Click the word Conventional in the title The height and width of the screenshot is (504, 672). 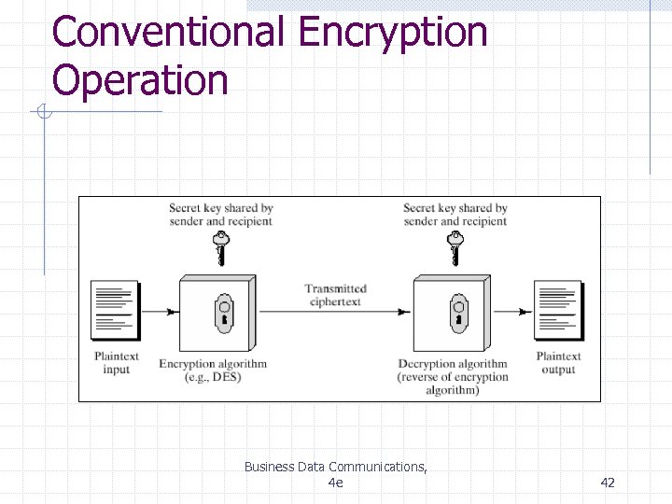(x=169, y=32)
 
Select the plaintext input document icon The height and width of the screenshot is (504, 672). (x=115, y=310)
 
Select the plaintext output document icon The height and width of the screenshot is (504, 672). (x=558, y=310)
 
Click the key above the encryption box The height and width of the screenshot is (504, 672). (x=221, y=249)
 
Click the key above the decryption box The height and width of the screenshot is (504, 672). (x=455, y=249)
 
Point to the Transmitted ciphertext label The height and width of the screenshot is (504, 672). (x=335, y=295)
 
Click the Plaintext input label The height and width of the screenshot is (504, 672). (x=117, y=363)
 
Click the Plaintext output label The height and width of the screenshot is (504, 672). (x=558, y=363)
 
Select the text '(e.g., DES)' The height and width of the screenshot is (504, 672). (x=213, y=377)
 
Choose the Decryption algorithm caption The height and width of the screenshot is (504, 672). (x=453, y=365)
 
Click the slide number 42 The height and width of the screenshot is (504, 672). (x=608, y=482)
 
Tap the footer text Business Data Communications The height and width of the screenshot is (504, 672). (x=335, y=467)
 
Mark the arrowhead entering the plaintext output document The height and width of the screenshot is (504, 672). (x=528, y=312)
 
